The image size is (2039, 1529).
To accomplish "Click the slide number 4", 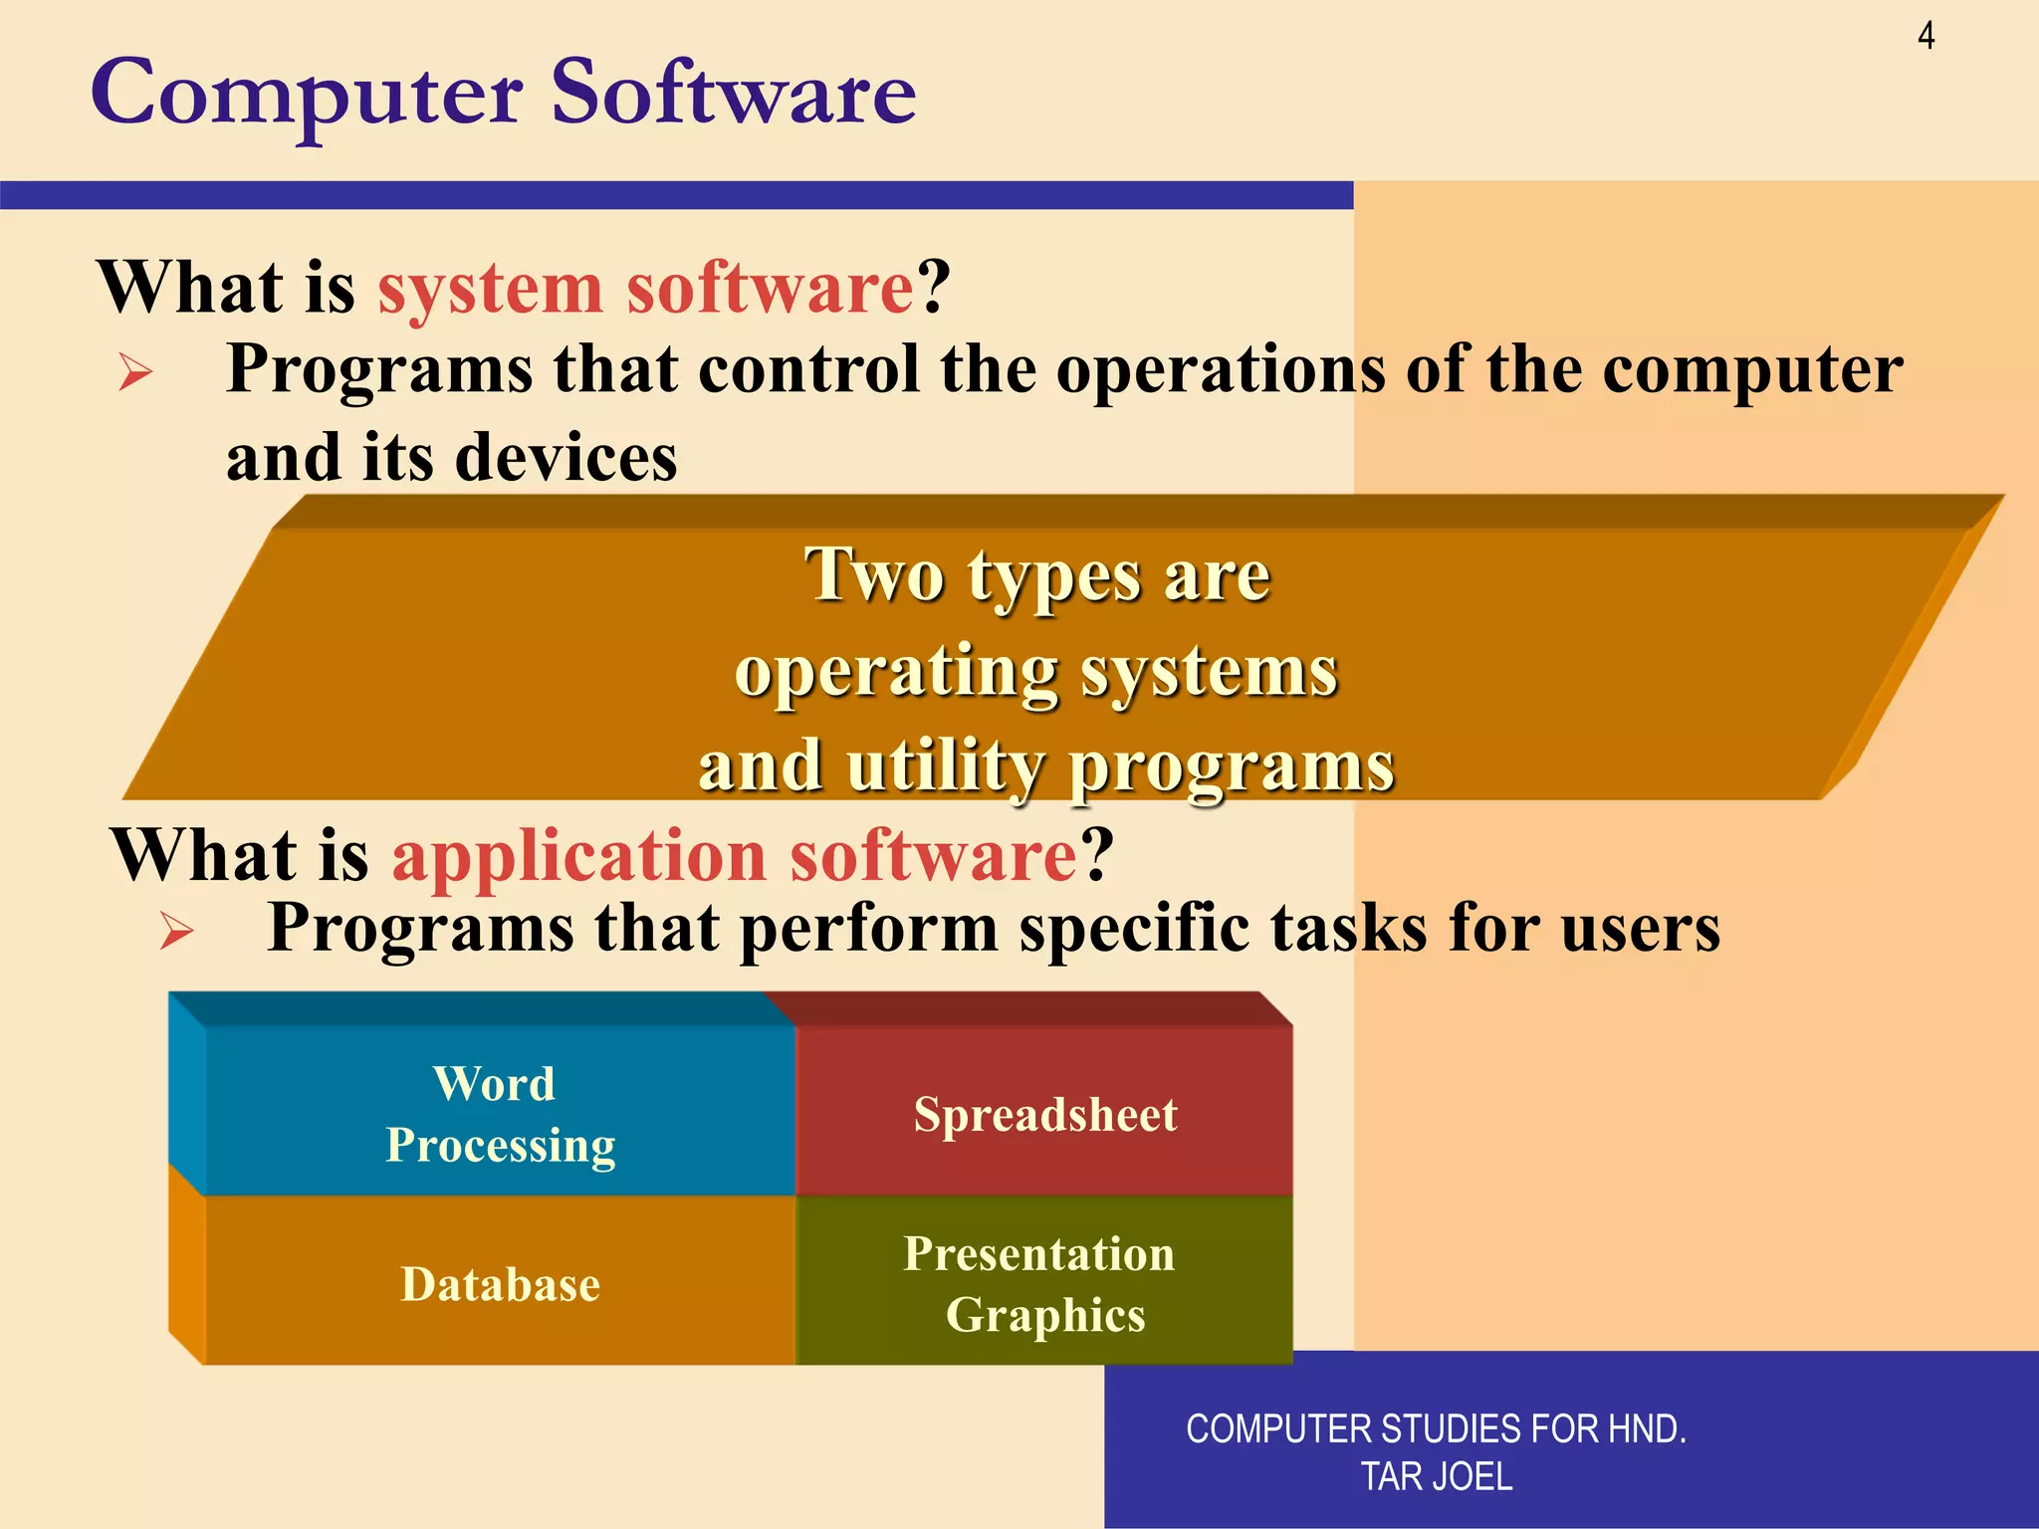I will tap(1926, 37).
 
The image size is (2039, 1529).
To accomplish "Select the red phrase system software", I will tap(645, 289).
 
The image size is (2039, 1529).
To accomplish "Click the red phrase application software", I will tap(734, 856).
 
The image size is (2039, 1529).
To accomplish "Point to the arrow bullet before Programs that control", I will tap(135, 374).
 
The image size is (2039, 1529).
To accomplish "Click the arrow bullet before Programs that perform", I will tap(177, 933).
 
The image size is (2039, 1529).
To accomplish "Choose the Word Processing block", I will tap(500, 1113).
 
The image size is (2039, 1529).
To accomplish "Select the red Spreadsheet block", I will tap(1044, 1114).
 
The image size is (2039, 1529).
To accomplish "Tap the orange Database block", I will tap(500, 1284).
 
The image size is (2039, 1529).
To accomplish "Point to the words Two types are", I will tap(1037, 576).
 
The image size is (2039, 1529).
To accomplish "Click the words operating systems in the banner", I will tap(1035, 673).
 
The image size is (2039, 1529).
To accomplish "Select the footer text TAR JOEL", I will tap(1436, 1476).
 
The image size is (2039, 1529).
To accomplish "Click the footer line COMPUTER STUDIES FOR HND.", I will tap(1436, 1429).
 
